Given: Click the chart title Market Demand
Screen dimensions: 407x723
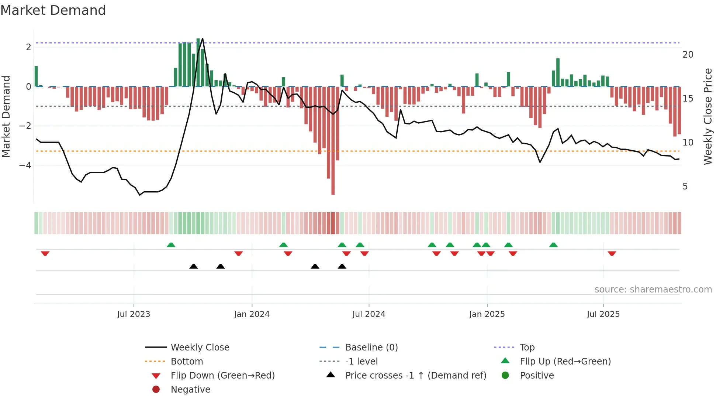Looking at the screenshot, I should coord(53,10).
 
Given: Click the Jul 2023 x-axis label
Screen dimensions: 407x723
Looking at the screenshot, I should coord(134,314).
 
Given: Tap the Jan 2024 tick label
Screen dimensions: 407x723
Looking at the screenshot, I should coord(252,314).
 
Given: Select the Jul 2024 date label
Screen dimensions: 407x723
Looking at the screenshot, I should coord(369,314).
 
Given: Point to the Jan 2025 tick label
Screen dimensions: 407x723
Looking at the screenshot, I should coord(487,314).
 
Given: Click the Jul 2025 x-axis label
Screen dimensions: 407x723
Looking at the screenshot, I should coord(603,314).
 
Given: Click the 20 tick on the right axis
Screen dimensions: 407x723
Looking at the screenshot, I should coord(688,55).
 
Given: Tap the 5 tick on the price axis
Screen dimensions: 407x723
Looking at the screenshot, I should coord(685,187).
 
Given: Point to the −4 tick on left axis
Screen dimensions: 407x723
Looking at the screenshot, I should coord(25,165).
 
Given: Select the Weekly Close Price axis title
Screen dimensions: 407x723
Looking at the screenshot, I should coord(708,116).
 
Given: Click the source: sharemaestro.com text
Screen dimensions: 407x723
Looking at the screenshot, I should coord(653,290).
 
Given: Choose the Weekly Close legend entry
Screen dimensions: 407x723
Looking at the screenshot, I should coord(200,348).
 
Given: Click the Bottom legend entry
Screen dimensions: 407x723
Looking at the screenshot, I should coord(187,362).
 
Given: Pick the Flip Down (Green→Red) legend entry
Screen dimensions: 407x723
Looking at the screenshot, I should coord(222,376).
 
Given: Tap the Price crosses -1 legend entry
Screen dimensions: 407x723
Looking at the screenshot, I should coord(415,376).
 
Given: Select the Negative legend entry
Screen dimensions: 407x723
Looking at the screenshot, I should coord(190,390).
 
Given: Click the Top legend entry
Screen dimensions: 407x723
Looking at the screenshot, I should coord(527,348).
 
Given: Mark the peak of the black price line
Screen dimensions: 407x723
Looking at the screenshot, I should coord(203,39).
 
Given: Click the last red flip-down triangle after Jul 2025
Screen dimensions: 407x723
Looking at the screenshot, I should coord(612,253).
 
